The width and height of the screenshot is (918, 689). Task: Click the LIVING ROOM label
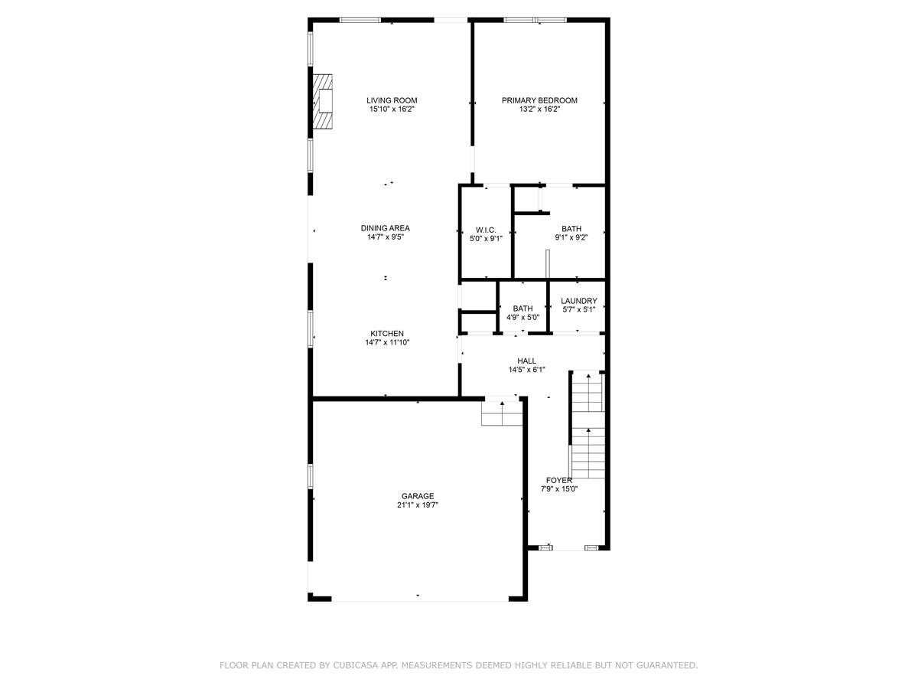pos(392,100)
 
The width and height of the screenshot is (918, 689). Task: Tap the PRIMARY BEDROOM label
pos(539,100)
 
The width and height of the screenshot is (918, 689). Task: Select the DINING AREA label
pos(385,228)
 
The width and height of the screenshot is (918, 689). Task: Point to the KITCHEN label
pos(387,334)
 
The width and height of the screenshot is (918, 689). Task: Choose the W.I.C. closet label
pos(486,230)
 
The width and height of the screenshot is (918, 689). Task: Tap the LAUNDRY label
pos(578,302)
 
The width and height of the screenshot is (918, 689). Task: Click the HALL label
pos(526,361)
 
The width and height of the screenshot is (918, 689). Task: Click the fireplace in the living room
pos(324,101)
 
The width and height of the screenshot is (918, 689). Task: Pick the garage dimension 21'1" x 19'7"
pos(418,505)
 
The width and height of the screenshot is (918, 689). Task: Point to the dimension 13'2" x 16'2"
pos(539,109)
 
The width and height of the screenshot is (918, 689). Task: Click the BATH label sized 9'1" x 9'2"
pos(571,229)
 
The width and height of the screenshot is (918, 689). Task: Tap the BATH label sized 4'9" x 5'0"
pos(523,309)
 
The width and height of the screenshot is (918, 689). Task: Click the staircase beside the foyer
pos(588,429)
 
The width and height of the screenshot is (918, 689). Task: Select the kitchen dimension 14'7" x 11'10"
pos(387,343)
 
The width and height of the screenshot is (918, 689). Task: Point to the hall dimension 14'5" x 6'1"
pos(526,370)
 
